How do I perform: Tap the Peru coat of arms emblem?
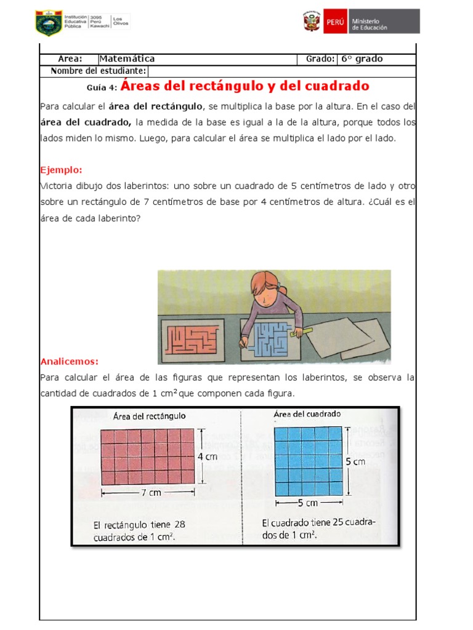pos(310,22)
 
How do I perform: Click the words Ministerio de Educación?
pos(370,24)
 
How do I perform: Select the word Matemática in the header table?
pos(127,59)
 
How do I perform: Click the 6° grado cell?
pos(362,59)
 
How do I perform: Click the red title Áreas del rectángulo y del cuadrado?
pos(245,86)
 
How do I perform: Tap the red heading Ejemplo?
pos(61,170)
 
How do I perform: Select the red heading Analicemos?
pos(69,361)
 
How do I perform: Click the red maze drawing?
pos(192,339)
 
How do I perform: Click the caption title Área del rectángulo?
pos(150,416)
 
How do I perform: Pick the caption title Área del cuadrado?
pos(307,414)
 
